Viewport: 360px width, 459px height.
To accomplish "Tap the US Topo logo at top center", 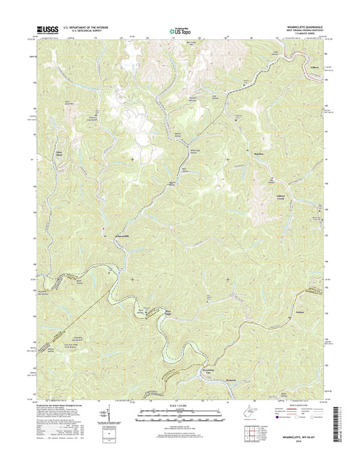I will tap(180, 30).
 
